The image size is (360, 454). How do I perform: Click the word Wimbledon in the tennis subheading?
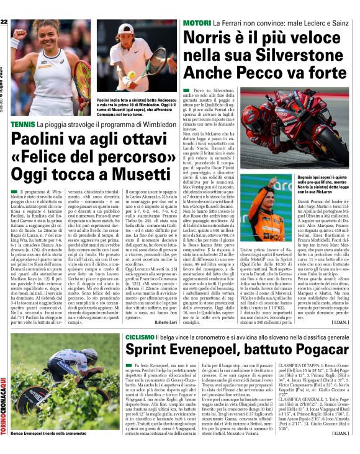click(x=151, y=125)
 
